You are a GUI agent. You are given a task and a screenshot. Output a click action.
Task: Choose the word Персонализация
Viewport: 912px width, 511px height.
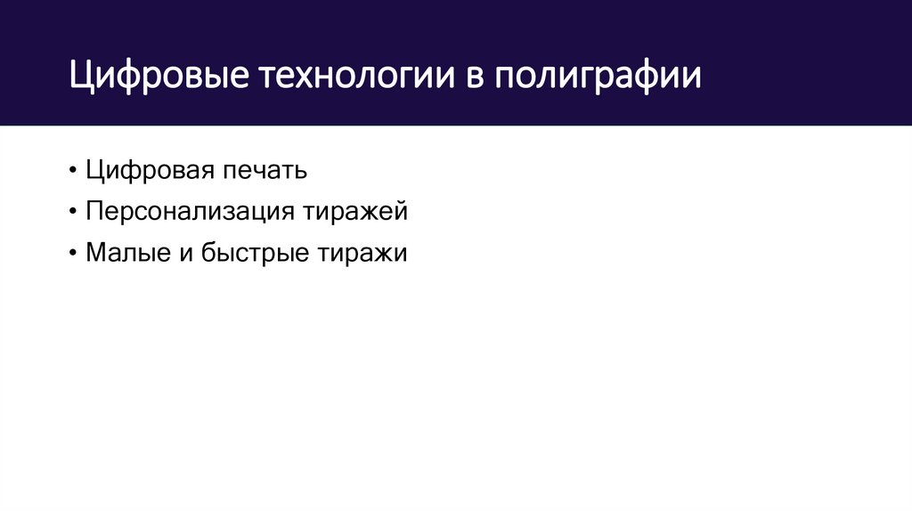click(190, 212)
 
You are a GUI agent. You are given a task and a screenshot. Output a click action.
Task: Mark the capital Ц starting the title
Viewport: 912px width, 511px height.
click(81, 77)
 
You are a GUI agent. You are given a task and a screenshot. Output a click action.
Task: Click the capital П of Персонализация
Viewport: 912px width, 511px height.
click(94, 212)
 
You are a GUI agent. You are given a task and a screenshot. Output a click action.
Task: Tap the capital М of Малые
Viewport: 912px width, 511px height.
click(96, 254)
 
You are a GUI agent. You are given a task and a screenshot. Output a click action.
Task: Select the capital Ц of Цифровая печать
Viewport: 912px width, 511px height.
click(94, 170)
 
